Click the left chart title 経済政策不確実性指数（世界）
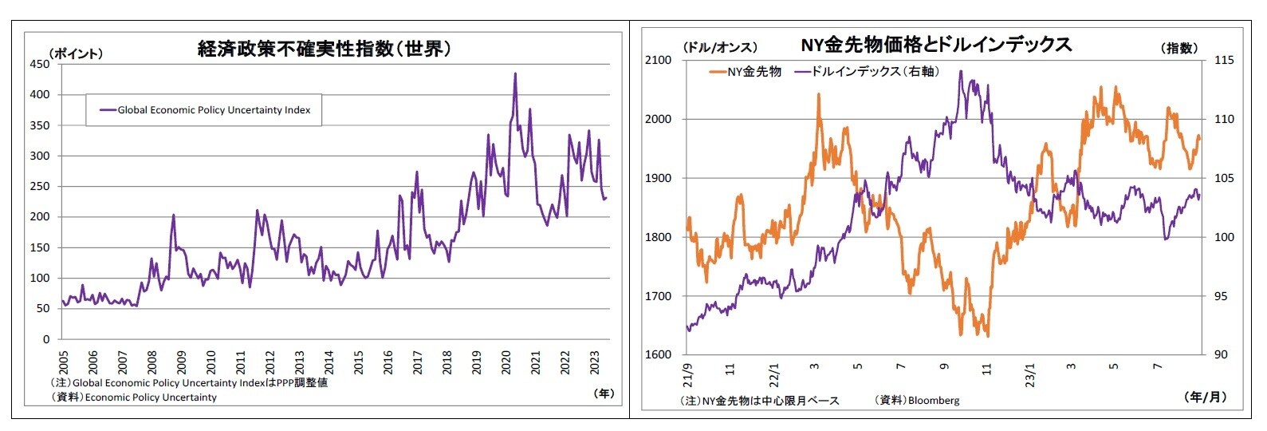point(325,49)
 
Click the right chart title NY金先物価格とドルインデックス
point(936,44)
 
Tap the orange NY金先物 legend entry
point(745,72)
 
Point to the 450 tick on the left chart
point(39,64)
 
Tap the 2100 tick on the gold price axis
point(659,60)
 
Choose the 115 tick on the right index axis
point(1223,60)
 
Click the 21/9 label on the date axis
point(687,372)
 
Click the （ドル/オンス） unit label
point(720,47)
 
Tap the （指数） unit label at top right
point(1178,48)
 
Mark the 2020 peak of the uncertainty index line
point(514,74)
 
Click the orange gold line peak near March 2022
point(818,94)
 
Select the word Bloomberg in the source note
point(934,400)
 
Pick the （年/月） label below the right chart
point(1206,397)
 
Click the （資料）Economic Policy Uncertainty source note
point(134,397)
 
